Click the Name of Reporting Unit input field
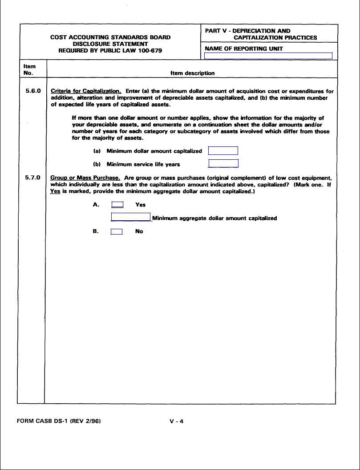(268, 56)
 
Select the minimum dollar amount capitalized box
(223, 151)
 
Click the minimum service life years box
(223, 164)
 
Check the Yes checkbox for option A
(117, 205)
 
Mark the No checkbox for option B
(117, 231)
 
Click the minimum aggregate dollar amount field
(131, 218)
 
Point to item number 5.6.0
(33, 91)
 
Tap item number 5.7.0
(33, 178)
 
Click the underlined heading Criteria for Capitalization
(86, 91)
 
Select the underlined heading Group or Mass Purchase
(85, 178)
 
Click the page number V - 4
(176, 421)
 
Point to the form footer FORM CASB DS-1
(59, 421)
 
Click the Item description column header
(192, 73)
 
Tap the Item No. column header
(29, 69)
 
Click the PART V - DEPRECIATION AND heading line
(248, 31)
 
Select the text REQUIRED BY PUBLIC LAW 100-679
(110, 51)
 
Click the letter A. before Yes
(96, 205)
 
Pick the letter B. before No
(96, 231)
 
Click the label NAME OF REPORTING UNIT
(244, 49)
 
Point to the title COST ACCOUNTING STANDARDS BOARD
(110, 37)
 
